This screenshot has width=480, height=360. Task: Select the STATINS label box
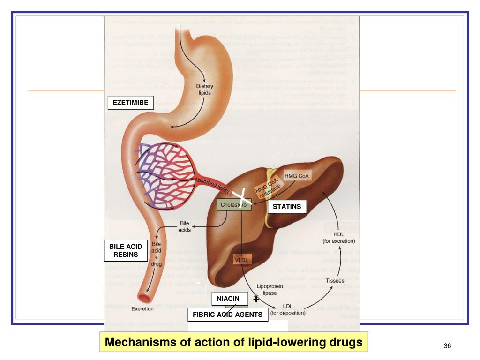pyautogui.click(x=287, y=206)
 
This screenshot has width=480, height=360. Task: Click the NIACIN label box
pyautogui.click(x=228, y=299)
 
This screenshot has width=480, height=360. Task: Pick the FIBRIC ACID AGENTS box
pyautogui.click(x=228, y=315)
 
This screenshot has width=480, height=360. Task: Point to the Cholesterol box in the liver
pyautogui.click(x=234, y=205)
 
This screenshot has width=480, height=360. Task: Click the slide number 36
pyautogui.click(x=447, y=346)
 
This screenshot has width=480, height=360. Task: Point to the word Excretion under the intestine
pyautogui.click(x=142, y=309)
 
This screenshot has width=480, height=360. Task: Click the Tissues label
pyautogui.click(x=335, y=281)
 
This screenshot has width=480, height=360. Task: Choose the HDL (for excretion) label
pyautogui.click(x=338, y=238)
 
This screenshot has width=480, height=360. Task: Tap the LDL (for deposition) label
pyautogui.click(x=288, y=309)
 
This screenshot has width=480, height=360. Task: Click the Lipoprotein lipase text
pyautogui.click(x=269, y=289)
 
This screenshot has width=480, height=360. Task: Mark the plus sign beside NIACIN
pyautogui.click(x=255, y=299)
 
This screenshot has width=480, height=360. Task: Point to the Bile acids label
pyautogui.click(x=184, y=226)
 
